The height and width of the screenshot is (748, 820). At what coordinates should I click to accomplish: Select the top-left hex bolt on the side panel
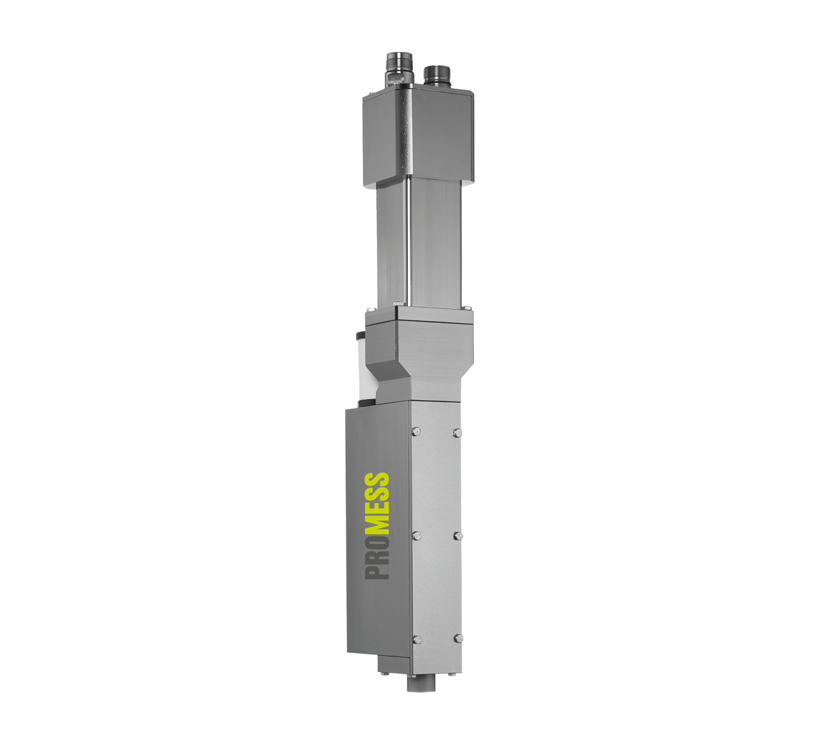pos(416,430)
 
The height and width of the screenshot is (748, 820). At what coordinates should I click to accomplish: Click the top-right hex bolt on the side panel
pos(457,432)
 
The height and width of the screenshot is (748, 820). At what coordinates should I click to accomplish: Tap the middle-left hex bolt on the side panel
pos(417,535)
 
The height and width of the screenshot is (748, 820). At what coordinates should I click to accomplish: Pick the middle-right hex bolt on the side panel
pos(458,535)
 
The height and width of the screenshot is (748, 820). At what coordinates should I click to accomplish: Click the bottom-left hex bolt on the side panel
pos(417,639)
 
